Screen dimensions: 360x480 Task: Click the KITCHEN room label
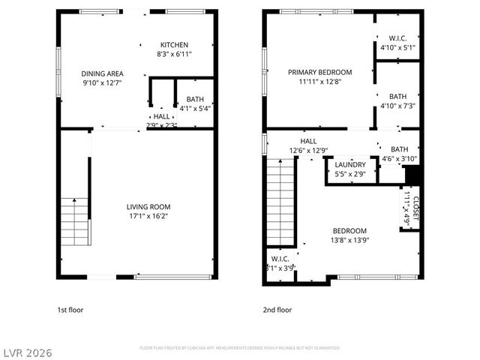pyautogui.click(x=174, y=45)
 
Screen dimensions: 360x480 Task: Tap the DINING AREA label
pyautogui.click(x=102, y=73)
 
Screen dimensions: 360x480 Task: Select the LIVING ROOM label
pyautogui.click(x=148, y=207)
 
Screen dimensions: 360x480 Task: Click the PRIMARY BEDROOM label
pyautogui.click(x=319, y=73)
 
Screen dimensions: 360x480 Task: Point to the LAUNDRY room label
pyautogui.click(x=350, y=165)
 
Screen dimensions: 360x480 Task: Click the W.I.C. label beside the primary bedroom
pyautogui.click(x=397, y=38)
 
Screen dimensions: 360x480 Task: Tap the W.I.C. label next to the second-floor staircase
pyautogui.click(x=280, y=258)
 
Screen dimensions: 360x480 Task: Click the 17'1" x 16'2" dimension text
pyautogui.click(x=148, y=217)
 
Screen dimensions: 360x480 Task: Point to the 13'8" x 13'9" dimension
pyautogui.click(x=349, y=240)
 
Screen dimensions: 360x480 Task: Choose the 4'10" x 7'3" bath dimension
pyautogui.click(x=397, y=106)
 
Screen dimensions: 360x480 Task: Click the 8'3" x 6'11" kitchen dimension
pyautogui.click(x=174, y=55)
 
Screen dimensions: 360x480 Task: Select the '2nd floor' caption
pyautogui.click(x=277, y=310)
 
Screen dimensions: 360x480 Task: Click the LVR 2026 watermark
pyautogui.click(x=27, y=351)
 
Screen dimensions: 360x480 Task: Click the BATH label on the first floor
pyautogui.click(x=195, y=98)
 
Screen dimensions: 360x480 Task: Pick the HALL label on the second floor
pyautogui.click(x=308, y=141)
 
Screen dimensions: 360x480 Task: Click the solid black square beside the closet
pyautogui.click(x=412, y=175)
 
